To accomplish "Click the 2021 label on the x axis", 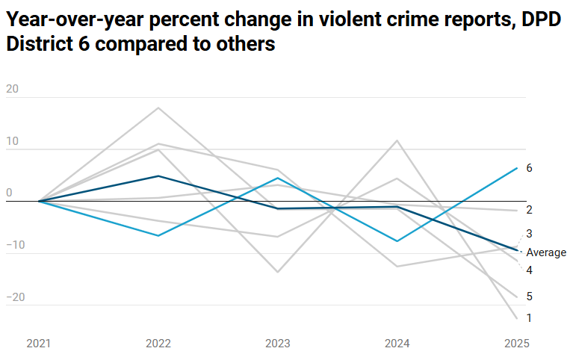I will (x=39, y=344).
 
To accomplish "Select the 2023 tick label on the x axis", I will (x=278, y=344).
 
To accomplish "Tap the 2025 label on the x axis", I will (x=516, y=344).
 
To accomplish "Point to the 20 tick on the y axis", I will (x=12, y=89).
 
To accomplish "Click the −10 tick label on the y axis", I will (x=16, y=245).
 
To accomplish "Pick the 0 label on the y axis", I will (x=9, y=193).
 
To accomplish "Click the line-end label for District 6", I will (x=529, y=168).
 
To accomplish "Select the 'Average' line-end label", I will (x=546, y=252).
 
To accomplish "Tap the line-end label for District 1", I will (x=529, y=318).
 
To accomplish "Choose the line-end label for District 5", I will (x=529, y=297).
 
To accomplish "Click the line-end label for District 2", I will (x=529, y=210).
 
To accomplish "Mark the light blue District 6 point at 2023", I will (x=278, y=178).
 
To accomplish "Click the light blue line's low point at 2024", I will (x=397, y=241).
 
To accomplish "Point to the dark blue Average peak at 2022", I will (x=158, y=176).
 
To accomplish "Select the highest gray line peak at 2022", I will (x=158, y=108).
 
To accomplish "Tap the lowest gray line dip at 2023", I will (x=278, y=272).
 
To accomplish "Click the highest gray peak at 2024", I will (x=397, y=140).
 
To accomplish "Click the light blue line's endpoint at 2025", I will (x=517, y=168).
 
